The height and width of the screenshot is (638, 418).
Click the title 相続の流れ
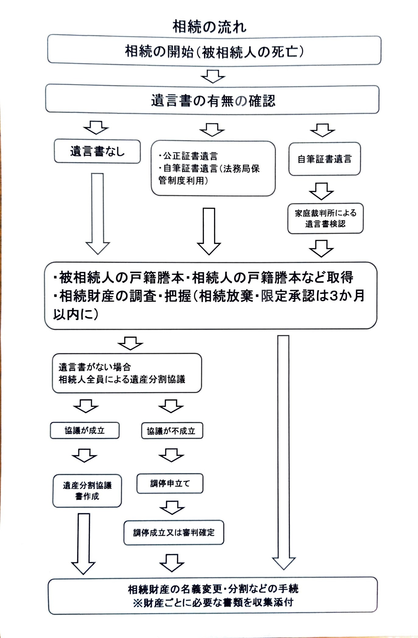(x=209, y=27)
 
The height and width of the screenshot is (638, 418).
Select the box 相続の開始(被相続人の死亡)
(x=214, y=50)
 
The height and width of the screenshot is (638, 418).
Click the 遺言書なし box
(x=97, y=151)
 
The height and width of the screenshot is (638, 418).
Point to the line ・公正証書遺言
(x=188, y=156)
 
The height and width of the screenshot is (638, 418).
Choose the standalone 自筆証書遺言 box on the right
(x=324, y=159)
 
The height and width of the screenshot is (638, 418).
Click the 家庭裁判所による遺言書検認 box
(x=325, y=218)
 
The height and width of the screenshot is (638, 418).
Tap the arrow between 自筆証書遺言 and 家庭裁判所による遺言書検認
(x=321, y=191)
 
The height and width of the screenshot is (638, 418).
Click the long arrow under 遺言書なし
(x=97, y=213)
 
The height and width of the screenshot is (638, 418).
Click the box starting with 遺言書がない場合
(x=127, y=373)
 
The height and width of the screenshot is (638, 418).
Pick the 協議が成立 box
(x=85, y=430)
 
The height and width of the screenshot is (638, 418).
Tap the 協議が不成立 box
(x=172, y=431)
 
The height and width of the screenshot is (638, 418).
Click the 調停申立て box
(x=170, y=483)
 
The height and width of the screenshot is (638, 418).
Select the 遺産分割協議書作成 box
(x=87, y=491)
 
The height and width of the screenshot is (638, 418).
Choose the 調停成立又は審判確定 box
(x=174, y=532)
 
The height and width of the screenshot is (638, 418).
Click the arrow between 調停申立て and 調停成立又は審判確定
(x=172, y=507)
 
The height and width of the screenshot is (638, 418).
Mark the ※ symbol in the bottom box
(x=137, y=602)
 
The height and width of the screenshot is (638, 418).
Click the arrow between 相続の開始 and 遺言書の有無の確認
(x=213, y=76)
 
